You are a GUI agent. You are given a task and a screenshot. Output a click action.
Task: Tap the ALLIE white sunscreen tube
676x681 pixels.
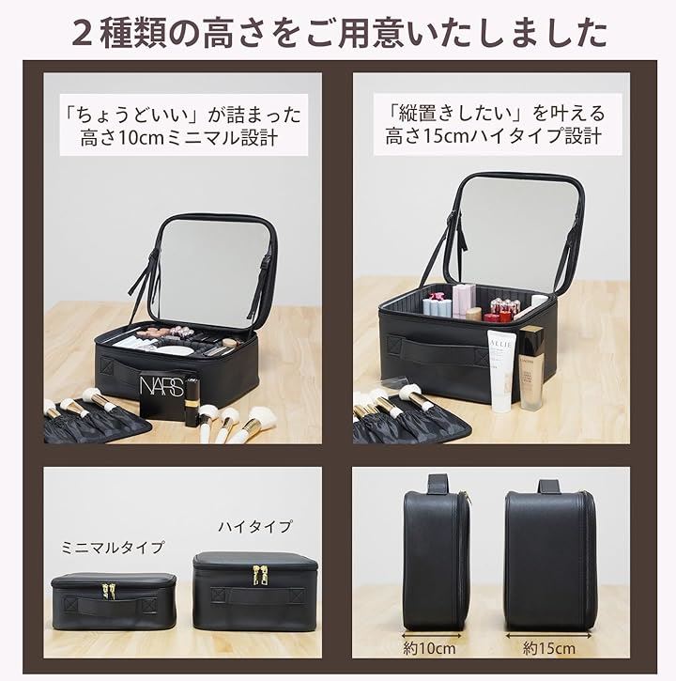coord(502,370)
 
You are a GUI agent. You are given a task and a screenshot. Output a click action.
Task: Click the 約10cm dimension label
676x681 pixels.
coord(429,648)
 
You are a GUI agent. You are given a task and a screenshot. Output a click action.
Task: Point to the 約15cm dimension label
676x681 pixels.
coord(549,648)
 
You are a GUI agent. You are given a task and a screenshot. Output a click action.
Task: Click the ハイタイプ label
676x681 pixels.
coord(254,527)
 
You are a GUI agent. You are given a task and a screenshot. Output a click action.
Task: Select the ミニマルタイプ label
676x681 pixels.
coord(113,548)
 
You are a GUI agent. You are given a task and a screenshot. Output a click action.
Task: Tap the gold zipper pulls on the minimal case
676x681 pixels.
coord(108,591)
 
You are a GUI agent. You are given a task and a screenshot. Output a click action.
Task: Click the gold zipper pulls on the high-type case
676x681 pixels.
coord(260,574)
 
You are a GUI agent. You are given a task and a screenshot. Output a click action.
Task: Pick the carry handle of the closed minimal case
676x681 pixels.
coord(111,605)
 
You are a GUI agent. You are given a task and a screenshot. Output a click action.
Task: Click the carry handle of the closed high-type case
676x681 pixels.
coord(258,595)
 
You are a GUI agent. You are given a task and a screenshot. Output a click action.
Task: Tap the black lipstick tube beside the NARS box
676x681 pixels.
coord(191,402)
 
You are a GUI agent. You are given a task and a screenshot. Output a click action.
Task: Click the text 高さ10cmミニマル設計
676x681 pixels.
coord(179,138)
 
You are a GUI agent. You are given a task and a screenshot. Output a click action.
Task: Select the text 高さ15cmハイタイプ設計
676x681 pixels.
coord(493,136)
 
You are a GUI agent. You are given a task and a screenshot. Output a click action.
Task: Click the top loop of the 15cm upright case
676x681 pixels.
coord(549,487)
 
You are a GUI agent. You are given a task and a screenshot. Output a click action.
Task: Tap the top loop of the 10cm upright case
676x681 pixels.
coord(438,484)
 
